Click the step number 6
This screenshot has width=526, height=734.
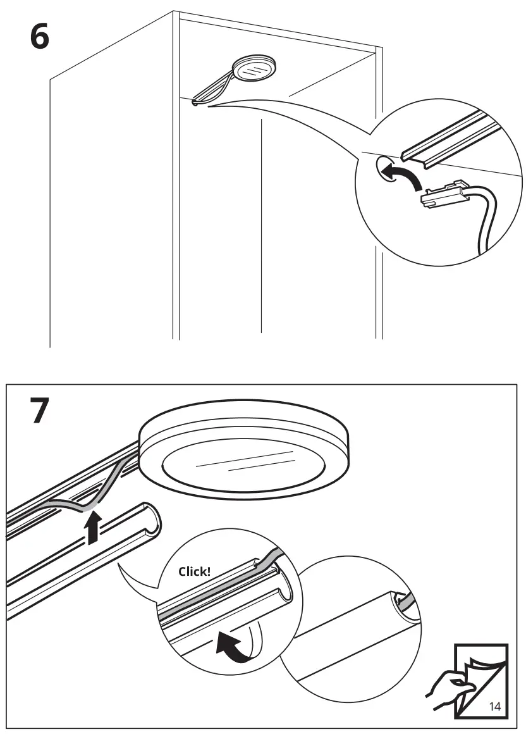(39, 38)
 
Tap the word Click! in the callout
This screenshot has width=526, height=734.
(194, 571)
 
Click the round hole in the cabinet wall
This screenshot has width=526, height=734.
(386, 168)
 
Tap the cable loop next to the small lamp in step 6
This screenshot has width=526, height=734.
(212, 92)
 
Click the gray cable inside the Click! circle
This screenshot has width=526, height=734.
(215, 598)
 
